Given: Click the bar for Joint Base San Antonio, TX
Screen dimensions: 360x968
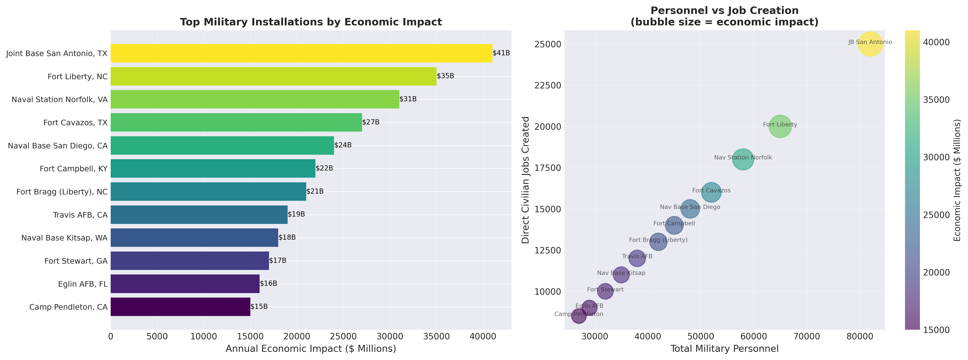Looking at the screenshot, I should point(301,53).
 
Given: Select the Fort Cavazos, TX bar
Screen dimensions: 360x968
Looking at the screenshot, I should point(236,123).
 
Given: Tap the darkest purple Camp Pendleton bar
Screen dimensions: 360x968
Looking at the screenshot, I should point(180,307).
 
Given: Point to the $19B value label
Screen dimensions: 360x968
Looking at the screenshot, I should point(296,214).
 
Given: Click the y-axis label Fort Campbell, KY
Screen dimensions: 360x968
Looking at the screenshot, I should point(74,169).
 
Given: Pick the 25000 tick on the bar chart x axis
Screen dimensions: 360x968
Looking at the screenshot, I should point(343,336).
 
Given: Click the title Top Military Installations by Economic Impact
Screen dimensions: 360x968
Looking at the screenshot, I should point(311,22).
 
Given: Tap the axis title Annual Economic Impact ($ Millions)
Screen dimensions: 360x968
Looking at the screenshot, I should point(311,349).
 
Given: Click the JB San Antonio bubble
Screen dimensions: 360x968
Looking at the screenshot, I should point(870,44).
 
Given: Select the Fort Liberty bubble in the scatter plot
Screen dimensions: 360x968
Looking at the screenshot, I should point(780,127).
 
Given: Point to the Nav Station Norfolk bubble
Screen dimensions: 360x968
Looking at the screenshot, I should point(743,160).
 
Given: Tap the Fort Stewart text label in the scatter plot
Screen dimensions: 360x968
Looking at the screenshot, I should point(605,289).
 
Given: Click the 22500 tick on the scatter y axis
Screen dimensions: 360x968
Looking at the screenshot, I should point(547,85).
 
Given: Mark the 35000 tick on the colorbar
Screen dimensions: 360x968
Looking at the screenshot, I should point(936,100).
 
